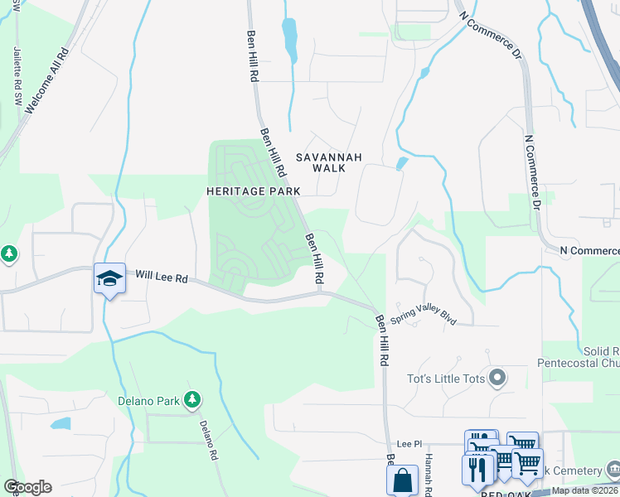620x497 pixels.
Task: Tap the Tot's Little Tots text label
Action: point(445,379)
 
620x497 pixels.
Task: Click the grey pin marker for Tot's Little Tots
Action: point(497,379)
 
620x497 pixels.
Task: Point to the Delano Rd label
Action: point(207,440)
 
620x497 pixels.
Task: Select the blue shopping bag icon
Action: point(402,479)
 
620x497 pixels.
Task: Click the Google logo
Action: point(27,487)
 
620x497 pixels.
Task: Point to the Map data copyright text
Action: point(584,490)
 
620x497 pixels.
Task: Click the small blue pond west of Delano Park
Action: point(60,424)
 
